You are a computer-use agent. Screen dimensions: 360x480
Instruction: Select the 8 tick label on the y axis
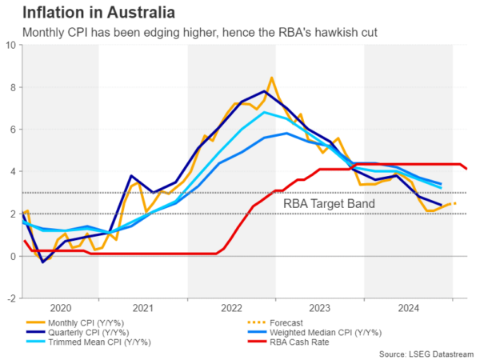pos(12,87)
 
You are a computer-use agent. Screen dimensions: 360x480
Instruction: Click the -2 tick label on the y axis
pos(10,298)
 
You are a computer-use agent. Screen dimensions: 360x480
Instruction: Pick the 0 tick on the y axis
pos(12,256)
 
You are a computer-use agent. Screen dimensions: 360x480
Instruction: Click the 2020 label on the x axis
pos(61,307)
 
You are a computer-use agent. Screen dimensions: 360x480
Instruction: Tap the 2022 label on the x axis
pos(232,307)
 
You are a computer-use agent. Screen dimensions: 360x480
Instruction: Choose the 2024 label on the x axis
pos(408,307)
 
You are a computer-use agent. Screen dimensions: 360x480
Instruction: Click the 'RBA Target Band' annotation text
pos(329,204)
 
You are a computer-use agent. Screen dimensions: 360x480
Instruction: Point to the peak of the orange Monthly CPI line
pos(272,78)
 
